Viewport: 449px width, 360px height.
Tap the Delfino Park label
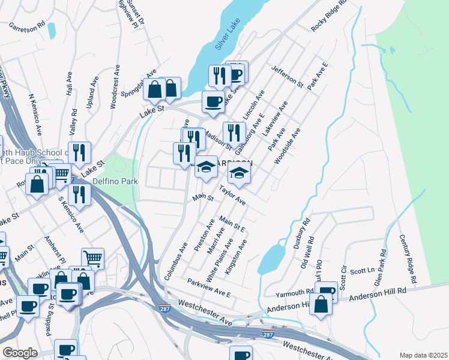116,181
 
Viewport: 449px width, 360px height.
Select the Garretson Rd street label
26,26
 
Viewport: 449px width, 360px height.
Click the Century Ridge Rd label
408,259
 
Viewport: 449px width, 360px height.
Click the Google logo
20,353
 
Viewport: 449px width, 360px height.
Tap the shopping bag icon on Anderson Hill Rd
322,304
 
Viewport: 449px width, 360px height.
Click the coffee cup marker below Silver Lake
212,101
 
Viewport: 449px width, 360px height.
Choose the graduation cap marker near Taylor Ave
239,173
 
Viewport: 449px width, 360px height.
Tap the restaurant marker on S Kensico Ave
79,193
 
